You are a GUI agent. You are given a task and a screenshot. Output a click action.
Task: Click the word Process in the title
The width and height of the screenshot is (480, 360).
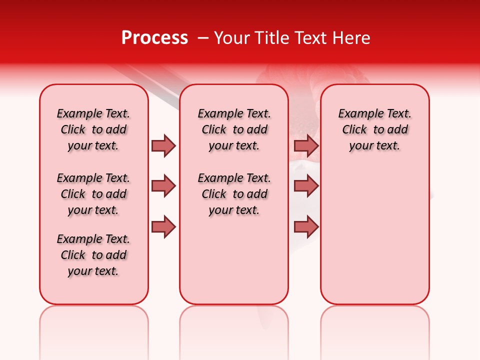(154, 38)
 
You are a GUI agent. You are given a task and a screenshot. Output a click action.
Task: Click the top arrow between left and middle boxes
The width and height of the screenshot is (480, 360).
(163, 145)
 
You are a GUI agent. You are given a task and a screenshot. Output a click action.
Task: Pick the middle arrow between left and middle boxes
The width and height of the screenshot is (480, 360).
(163, 186)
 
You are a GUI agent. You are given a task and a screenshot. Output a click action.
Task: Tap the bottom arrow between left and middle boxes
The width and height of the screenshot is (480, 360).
(163, 226)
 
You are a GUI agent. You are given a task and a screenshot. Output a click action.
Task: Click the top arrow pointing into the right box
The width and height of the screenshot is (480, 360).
(306, 145)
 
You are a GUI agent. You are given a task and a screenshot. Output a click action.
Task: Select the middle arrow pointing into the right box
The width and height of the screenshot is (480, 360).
(306, 186)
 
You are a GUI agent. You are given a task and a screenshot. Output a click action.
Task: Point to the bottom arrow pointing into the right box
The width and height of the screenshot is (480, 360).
(306, 226)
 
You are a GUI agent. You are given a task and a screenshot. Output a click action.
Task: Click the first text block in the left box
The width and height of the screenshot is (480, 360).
(93, 129)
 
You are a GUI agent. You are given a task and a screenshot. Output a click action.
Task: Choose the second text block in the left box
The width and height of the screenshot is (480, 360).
(93, 194)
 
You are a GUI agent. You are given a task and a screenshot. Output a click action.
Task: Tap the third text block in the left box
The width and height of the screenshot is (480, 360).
(93, 255)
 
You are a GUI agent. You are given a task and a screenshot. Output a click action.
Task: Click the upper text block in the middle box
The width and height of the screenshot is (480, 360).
(234, 129)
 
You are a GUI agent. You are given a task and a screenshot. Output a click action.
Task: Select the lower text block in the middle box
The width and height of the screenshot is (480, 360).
(234, 194)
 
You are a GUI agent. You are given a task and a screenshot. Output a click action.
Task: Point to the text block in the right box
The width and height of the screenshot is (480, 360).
(375, 129)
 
